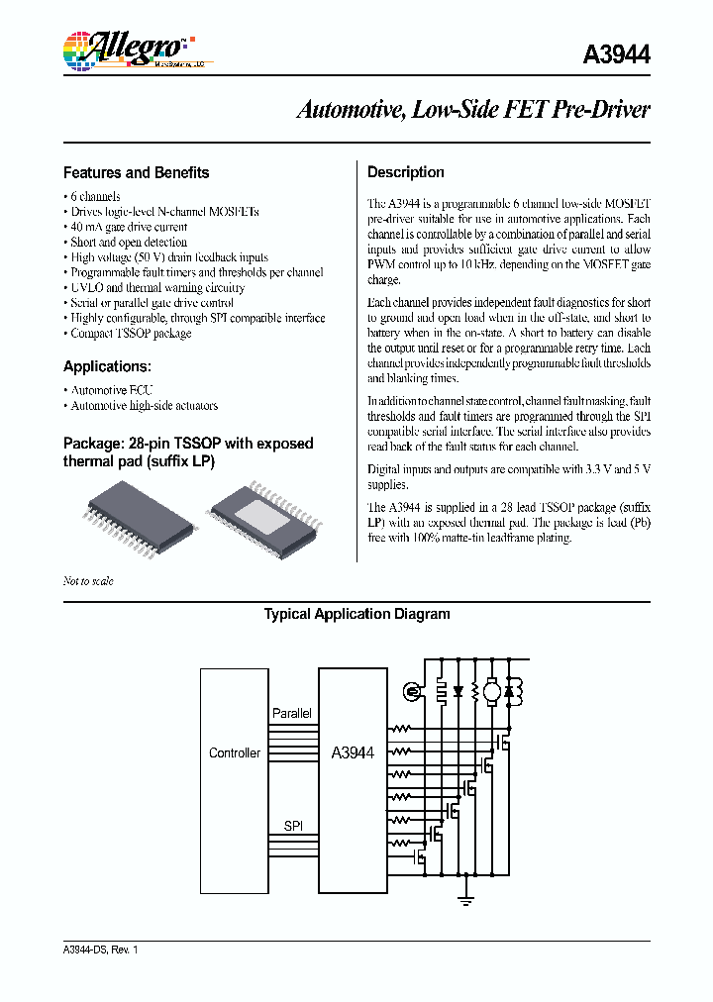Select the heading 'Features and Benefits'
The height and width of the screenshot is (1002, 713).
click(137, 172)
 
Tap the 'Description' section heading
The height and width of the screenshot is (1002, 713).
click(406, 172)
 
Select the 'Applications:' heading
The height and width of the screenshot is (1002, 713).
click(106, 366)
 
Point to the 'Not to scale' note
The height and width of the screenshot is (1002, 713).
click(88, 581)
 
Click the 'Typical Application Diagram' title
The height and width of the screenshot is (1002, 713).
click(356, 614)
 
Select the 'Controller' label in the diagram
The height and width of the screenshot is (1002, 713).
click(235, 752)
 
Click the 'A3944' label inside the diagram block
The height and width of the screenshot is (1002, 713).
click(353, 752)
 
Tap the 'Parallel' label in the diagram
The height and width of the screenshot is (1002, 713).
click(292, 713)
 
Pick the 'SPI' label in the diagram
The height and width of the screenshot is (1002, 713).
click(293, 825)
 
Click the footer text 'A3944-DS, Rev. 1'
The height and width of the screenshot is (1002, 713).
click(101, 950)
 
